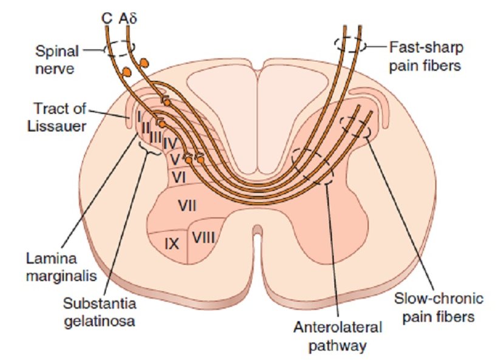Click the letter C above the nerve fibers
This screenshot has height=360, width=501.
coord(106,18)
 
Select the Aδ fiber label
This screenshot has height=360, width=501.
coord(128,18)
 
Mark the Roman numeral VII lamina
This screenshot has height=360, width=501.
coord(186,206)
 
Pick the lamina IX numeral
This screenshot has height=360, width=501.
coord(171,244)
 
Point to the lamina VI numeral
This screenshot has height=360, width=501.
coord(179,178)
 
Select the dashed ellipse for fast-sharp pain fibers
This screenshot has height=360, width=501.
coord(349,44)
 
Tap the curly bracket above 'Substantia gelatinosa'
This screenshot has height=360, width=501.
coord(149,149)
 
